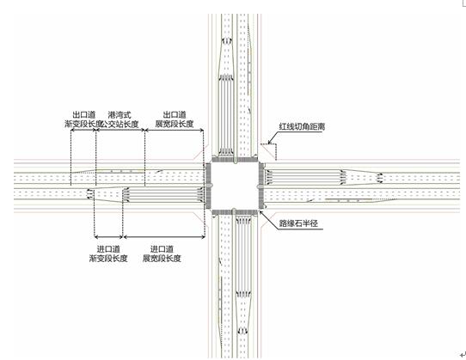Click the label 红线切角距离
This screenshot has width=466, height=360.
tap(302, 126)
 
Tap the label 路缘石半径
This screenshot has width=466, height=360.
tap(298, 223)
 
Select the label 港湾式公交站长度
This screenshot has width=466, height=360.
tap(120, 119)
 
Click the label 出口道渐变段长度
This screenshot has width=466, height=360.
tap(83, 119)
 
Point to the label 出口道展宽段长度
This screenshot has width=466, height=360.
tap(175, 119)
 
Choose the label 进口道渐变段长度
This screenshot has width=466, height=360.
tap(108, 254)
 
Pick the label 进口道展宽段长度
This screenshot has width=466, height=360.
tap(162, 254)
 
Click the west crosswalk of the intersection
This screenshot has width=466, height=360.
tap(208, 186)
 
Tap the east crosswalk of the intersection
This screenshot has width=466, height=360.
tap(261, 186)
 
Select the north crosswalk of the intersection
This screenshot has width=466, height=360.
tap(235, 160)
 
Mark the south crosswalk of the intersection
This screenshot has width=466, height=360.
tap(235, 212)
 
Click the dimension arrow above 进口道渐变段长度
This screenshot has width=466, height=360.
tap(108, 237)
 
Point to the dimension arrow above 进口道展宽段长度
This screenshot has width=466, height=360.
tap(164, 237)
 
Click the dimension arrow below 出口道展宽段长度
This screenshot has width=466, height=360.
tap(175, 130)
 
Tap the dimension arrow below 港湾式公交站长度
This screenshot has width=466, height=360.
tap(120, 130)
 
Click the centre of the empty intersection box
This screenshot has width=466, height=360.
tap(235, 186)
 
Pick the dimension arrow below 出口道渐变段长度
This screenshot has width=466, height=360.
tap(83, 130)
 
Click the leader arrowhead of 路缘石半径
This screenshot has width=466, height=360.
tap(261, 212)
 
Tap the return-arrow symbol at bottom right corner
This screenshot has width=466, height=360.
tap(463, 354)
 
